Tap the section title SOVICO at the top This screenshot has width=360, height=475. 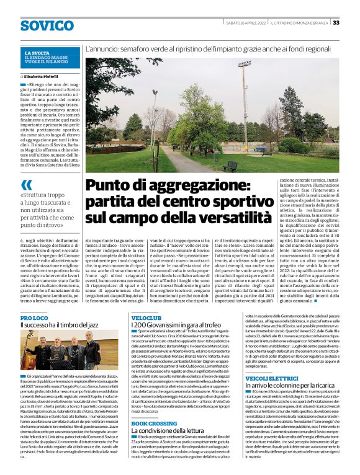(47, 25)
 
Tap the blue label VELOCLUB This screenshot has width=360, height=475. (145, 317)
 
